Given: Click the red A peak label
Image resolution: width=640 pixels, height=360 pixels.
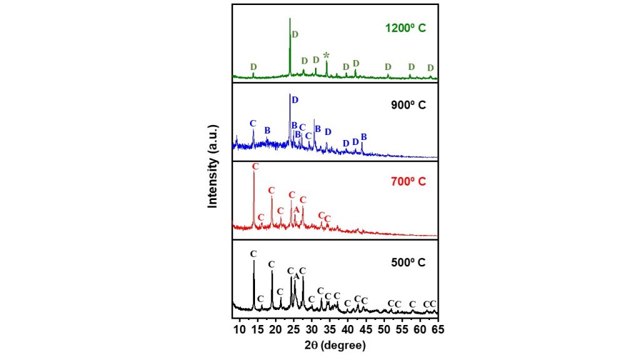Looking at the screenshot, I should point(296,209).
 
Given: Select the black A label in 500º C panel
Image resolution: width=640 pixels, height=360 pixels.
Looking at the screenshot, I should point(296,276).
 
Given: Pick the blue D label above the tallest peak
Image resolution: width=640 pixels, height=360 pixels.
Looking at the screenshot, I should point(295,100).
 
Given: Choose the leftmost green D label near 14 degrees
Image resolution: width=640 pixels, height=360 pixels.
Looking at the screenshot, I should point(253,66).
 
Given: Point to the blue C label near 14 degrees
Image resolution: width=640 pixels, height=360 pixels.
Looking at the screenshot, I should point(252,123).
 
